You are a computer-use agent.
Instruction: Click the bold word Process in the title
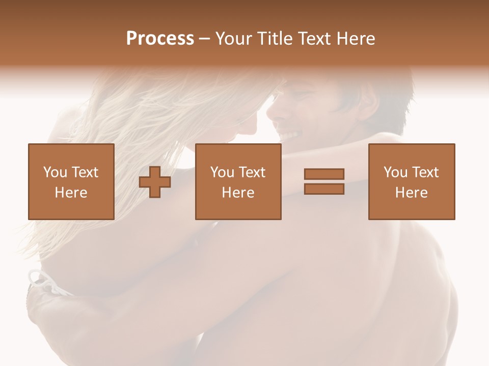[x=160, y=39]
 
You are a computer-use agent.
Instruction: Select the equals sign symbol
[x=324, y=181]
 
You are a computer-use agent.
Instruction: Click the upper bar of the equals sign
[x=324, y=174]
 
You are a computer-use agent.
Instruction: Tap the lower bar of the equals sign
[x=324, y=189]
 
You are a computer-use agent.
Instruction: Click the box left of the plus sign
[x=71, y=181]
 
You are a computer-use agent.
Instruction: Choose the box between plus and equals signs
[x=238, y=181]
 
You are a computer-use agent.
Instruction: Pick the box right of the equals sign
[x=411, y=181]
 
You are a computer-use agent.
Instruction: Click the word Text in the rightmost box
[x=425, y=172]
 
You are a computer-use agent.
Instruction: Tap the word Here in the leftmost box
[x=71, y=193]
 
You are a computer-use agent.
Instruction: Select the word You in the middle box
[x=222, y=172]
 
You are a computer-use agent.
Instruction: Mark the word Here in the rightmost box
[x=411, y=193]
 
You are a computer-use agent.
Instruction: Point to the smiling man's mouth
[x=289, y=135]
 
